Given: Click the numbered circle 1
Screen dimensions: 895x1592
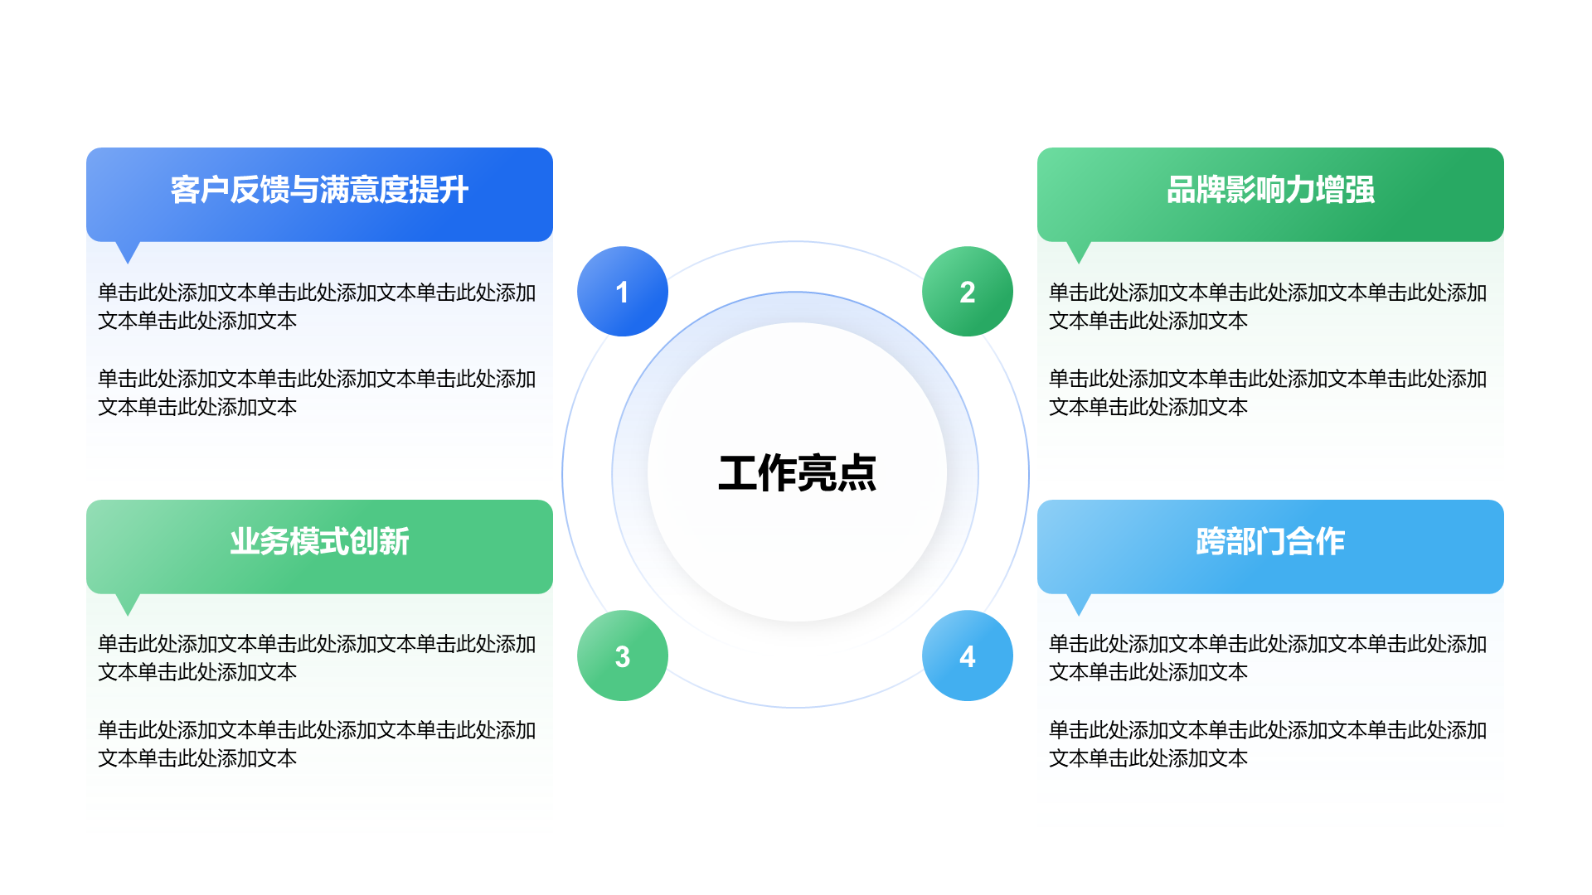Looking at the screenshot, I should tap(622, 292).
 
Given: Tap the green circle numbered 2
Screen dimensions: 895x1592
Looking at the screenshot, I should tap(967, 292).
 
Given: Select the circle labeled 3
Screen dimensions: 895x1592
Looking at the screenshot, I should tap(622, 656).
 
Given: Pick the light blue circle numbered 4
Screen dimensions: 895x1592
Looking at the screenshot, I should tap(967, 656).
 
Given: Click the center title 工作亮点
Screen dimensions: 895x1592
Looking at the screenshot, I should tap(796, 473).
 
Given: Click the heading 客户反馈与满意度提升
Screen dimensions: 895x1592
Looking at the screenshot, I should tap(319, 190).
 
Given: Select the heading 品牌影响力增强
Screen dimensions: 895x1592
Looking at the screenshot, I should tap(1270, 190).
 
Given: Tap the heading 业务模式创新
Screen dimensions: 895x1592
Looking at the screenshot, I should tap(319, 541).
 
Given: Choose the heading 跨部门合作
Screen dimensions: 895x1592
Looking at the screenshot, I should tap(1270, 541).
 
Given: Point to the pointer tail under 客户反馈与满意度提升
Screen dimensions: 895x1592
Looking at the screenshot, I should tap(128, 250).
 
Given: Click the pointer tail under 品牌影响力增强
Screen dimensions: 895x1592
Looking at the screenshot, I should tap(1078, 250).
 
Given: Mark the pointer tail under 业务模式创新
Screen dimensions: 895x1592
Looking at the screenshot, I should tap(128, 602).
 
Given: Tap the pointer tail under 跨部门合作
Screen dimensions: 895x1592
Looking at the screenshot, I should tap(1078, 602).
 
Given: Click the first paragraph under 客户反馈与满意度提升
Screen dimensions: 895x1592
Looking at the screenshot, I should tap(317, 307).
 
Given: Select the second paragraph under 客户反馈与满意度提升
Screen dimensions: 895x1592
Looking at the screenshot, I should tap(317, 393).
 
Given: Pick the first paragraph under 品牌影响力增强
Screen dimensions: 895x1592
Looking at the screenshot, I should tap(1267, 307).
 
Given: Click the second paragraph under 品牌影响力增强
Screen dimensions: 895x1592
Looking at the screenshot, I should tap(1267, 393).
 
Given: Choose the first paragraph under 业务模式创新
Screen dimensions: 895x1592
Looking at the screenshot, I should tap(317, 658).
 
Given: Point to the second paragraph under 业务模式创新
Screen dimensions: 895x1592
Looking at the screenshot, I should tap(317, 744).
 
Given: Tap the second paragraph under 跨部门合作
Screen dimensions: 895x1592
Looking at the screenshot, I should tap(1267, 744).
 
